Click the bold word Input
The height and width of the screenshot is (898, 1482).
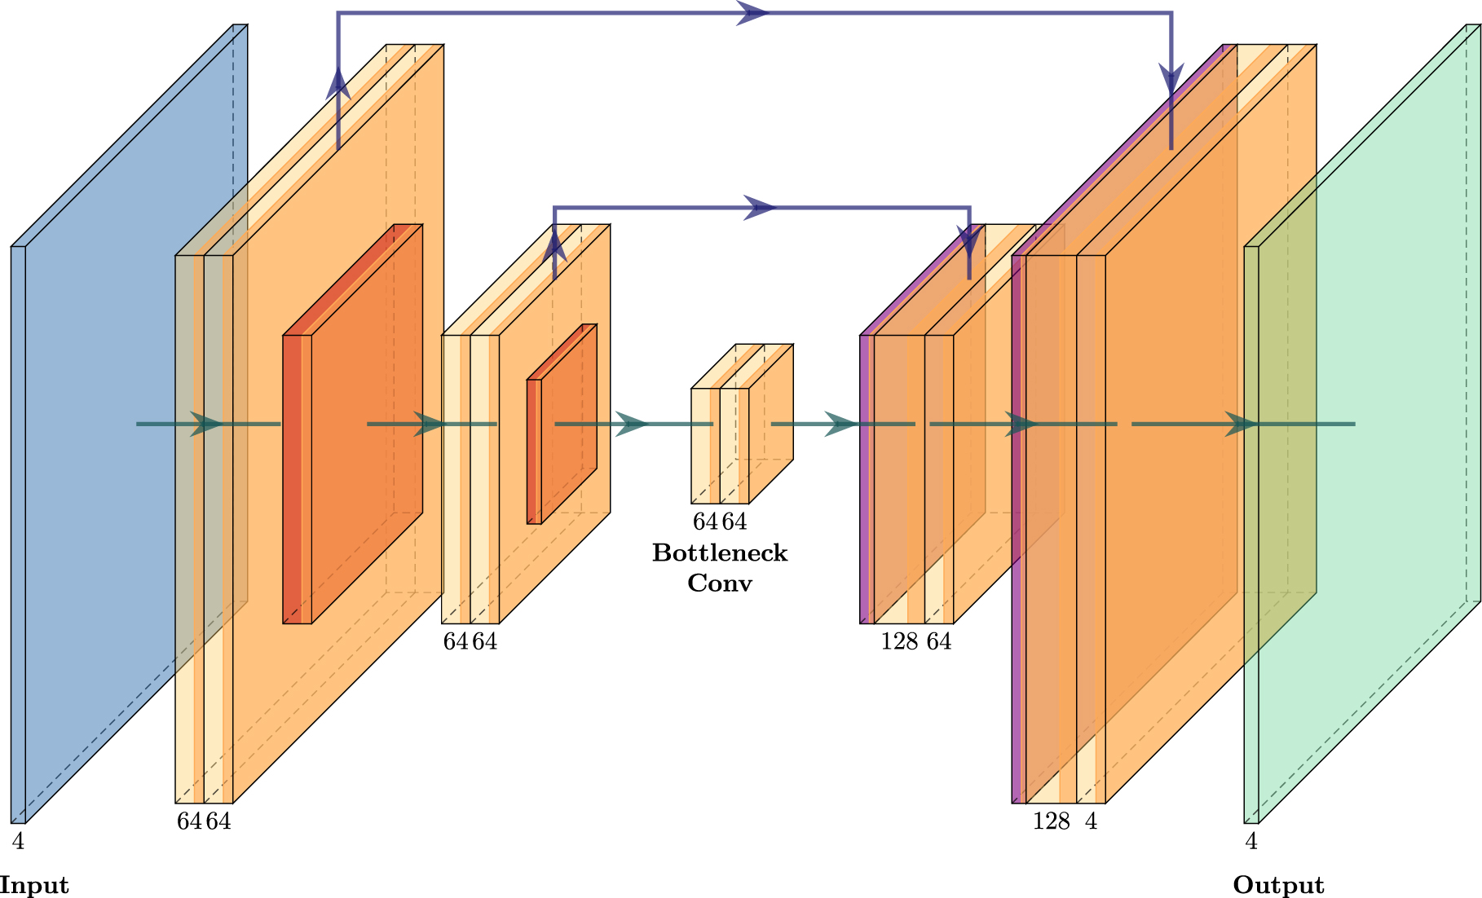tap(33, 885)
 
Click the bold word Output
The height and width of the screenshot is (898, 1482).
tap(1278, 885)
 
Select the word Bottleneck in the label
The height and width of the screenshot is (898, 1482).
tap(720, 553)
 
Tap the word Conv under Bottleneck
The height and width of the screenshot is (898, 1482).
tap(720, 583)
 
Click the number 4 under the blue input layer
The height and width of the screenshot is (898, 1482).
tap(18, 841)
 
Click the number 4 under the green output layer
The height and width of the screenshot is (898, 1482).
tap(1251, 841)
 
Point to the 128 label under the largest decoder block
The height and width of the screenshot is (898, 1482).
tap(1051, 821)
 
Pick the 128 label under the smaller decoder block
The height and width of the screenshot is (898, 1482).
tap(899, 641)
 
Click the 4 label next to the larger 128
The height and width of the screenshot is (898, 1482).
tap(1092, 821)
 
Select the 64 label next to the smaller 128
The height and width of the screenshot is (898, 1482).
tap(939, 641)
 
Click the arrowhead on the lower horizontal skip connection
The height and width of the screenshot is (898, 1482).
tap(760, 208)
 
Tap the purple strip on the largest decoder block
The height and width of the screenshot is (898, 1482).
tap(1018, 530)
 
